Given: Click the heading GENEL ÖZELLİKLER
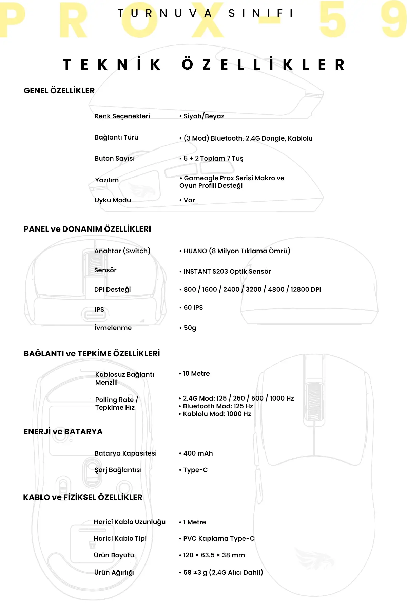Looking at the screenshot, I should [x=59, y=91].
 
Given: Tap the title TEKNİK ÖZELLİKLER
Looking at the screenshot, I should [x=203, y=64].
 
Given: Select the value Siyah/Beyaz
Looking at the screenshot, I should [x=203, y=116].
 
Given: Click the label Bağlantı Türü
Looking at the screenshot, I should [x=116, y=137].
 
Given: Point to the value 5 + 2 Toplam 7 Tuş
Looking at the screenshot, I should [x=213, y=159].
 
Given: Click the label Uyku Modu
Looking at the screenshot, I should [x=113, y=200].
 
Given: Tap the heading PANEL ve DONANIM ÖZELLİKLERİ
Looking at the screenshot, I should [x=87, y=229].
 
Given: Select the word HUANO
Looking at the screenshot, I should [x=195, y=251].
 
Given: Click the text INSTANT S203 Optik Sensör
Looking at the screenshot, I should [x=227, y=272].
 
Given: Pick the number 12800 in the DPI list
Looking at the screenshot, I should [x=299, y=290].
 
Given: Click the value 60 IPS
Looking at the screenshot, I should [x=193, y=308].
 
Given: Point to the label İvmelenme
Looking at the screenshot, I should [x=113, y=328].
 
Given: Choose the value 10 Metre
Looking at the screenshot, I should [x=196, y=374].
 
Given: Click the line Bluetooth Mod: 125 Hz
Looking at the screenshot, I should [x=218, y=406].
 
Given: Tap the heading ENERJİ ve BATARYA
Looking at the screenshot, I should [x=63, y=432].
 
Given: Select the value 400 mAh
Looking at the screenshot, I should [x=198, y=453].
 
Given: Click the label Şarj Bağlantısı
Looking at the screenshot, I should [x=118, y=470].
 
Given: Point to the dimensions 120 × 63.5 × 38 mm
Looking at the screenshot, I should [x=214, y=555].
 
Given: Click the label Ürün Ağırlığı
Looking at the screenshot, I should [x=114, y=573].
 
